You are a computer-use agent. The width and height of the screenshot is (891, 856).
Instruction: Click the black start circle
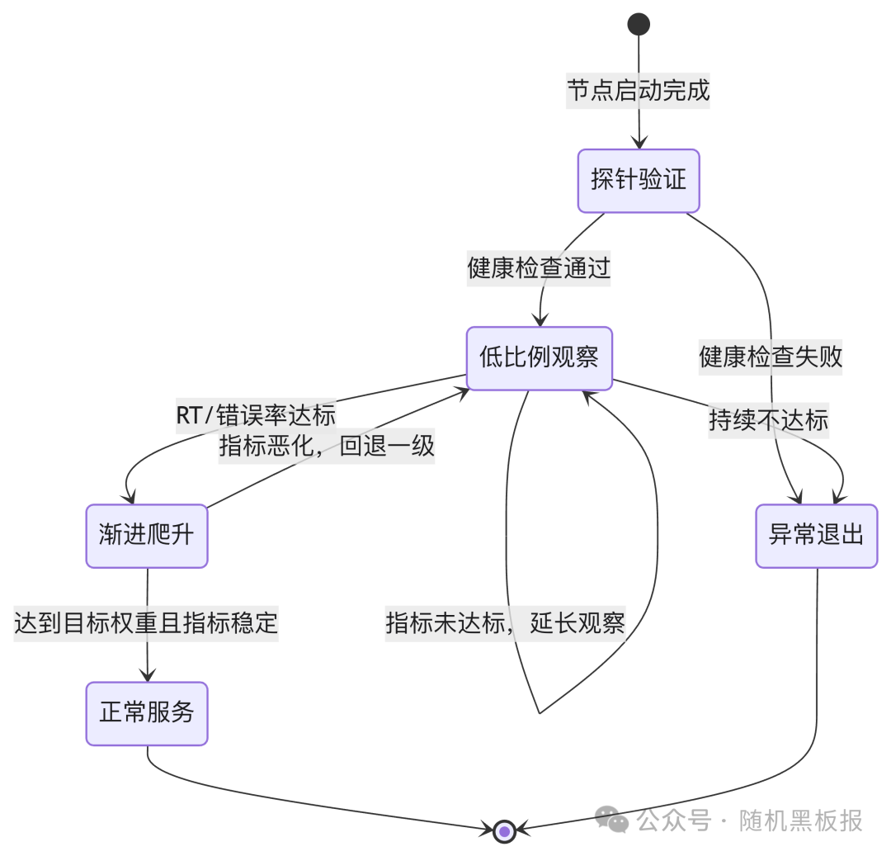pyautogui.click(x=639, y=24)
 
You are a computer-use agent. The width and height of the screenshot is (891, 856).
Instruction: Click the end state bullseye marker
pyautogui.click(x=504, y=831)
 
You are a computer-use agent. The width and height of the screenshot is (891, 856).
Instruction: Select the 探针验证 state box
pyautogui.click(x=639, y=181)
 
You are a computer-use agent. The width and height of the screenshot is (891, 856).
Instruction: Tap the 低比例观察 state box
pyautogui.click(x=540, y=358)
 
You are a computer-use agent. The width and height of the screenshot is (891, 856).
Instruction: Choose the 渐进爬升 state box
pyautogui.click(x=147, y=536)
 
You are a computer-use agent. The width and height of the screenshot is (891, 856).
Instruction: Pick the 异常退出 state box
pyautogui.click(x=816, y=536)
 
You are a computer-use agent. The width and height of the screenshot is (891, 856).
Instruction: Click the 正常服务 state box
pyautogui.click(x=147, y=713)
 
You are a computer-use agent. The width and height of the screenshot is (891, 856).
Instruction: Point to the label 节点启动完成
pyautogui.click(x=639, y=90)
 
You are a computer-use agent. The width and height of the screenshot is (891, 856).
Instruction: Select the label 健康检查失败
pyautogui.click(x=771, y=357)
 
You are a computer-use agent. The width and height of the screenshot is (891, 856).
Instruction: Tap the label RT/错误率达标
pyautogui.click(x=256, y=414)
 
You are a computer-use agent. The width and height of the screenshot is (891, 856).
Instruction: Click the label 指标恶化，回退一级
pyautogui.click(x=327, y=447)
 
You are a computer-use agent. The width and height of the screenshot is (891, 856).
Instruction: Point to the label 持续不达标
pyautogui.click(x=769, y=420)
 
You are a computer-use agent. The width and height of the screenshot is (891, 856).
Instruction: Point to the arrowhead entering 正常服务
pyautogui.click(x=148, y=676)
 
